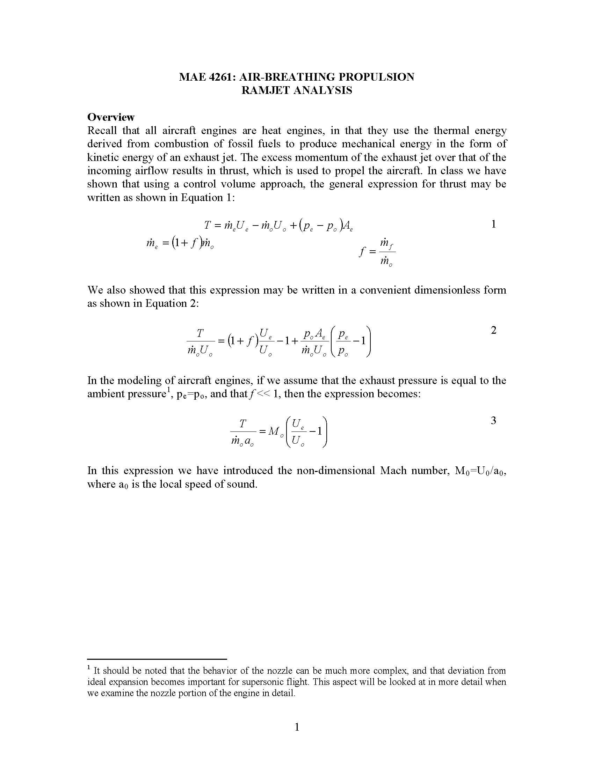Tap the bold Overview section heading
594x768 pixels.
pos(111,117)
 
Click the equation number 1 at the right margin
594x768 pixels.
pos(493,224)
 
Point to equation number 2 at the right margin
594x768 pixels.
pos(493,330)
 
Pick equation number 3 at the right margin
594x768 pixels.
pos(493,420)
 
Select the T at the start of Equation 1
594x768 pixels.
pos(207,225)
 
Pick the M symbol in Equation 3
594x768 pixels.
pos(274,431)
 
